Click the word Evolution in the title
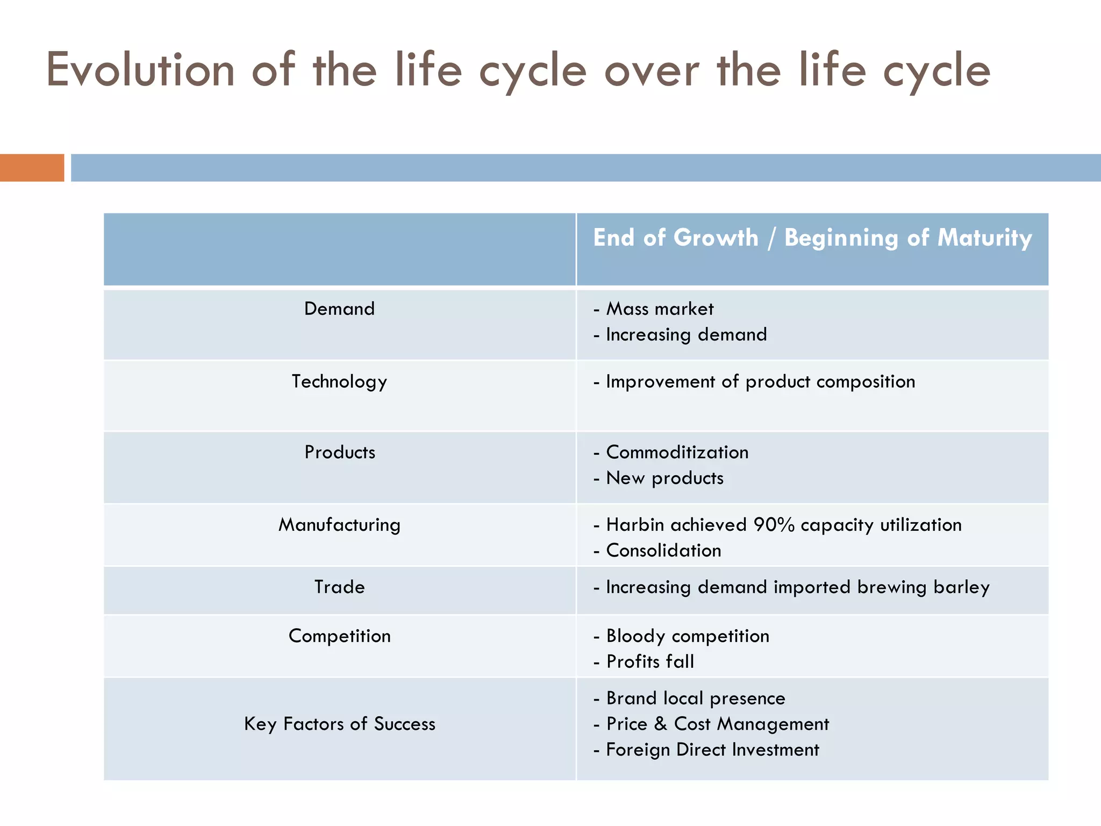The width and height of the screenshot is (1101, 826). (141, 70)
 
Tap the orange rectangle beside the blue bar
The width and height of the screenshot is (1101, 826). (32, 168)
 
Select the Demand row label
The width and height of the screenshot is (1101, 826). (339, 309)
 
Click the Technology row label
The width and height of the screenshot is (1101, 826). (339, 381)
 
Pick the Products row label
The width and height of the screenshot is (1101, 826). (340, 452)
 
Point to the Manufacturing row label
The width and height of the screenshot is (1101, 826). (339, 525)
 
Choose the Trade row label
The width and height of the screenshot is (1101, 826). (339, 587)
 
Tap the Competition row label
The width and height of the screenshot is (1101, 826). (339, 636)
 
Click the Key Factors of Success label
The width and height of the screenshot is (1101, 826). (339, 724)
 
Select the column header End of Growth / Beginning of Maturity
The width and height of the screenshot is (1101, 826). (812, 238)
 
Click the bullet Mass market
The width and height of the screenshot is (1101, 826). (660, 309)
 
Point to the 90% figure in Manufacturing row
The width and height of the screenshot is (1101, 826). (774, 525)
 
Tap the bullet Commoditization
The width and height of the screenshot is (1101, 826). (677, 452)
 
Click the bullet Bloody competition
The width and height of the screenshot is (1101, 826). (688, 636)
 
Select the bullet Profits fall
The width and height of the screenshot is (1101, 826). (650, 661)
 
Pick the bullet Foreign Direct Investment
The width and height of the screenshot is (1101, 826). (712, 750)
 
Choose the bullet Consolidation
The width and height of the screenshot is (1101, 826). (663, 551)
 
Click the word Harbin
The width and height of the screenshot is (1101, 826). (635, 525)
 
